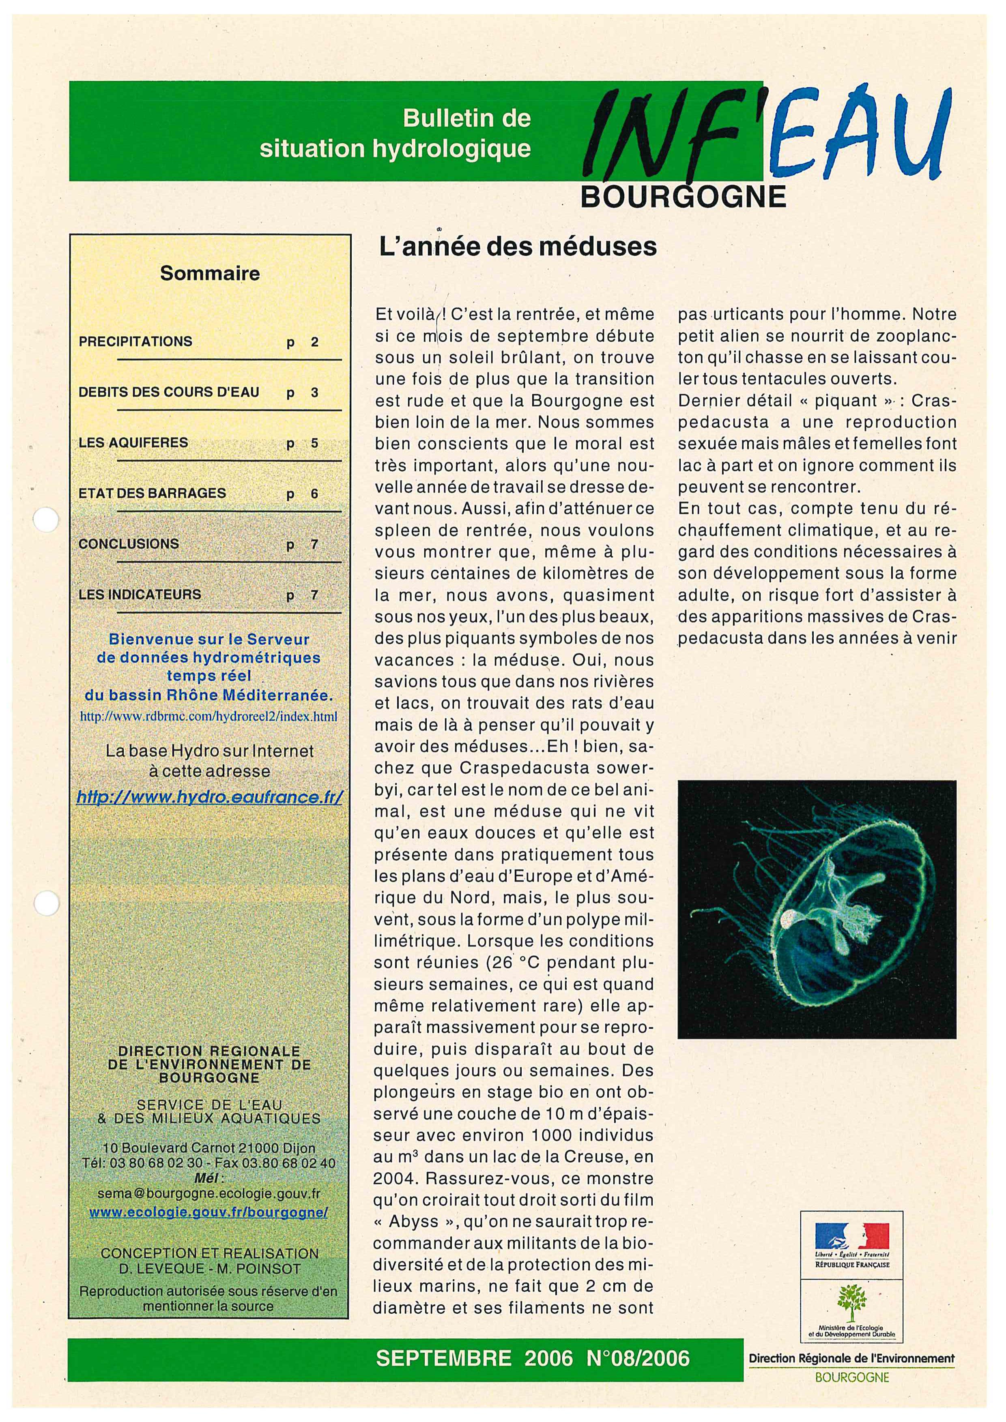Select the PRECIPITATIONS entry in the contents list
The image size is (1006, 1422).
coord(135,341)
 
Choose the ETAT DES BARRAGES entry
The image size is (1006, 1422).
coord(153,493)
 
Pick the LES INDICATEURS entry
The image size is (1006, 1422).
coord(140,594)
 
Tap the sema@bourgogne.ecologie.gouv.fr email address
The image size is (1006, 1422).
coord(209,1193)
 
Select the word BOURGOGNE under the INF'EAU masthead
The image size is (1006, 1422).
coord(683,197)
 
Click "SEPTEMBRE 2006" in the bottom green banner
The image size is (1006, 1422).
coord(475,1358)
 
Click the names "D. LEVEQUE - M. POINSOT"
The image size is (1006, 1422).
coord(209,1268)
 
